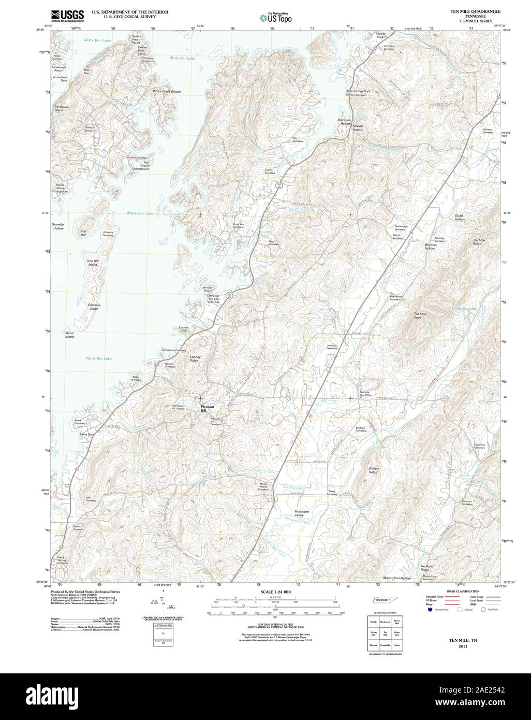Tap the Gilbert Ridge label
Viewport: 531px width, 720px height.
374,470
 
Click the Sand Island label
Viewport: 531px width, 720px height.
69,334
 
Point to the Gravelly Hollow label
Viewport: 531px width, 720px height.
57,226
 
